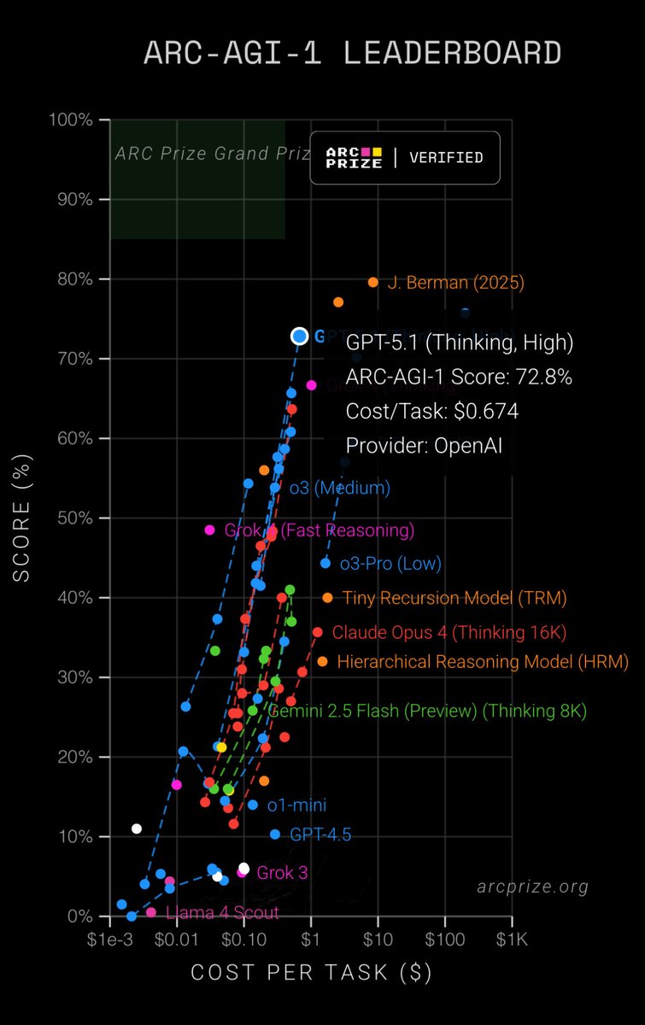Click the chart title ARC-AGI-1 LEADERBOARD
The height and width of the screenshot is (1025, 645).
pyautogui.click(x=352, y=53)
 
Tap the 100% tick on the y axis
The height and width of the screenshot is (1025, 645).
pyautogui.click(x=74, y=120)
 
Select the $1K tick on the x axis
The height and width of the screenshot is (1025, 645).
pyautogui.click(x=512, y=939)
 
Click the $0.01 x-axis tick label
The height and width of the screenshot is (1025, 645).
pyautogui.click(x=177, y=939)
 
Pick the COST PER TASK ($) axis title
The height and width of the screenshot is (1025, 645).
pyautogui.click(x=311, y=973)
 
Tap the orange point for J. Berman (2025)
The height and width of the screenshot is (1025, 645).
pyautogui.click(x=373, y=282)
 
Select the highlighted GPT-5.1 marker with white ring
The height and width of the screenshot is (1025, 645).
pyautogui.click(x=299, y=337)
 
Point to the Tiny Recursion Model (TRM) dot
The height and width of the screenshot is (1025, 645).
pyautogui.click(x=327, y=598)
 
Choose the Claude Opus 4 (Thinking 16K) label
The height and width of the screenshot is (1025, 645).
pyautogui.click(x=449, y=633)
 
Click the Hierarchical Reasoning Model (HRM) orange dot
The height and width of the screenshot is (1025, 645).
pyautogui.click(x=322, y=661)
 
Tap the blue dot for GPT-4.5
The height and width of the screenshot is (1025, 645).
pyautogui.click(x=275, y=835)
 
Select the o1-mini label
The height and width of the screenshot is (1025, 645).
pyautogui.click(x=296, y=805)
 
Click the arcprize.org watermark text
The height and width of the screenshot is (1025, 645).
pyautogui.click(x=533, y=887)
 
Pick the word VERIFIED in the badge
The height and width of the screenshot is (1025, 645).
pyautogui.click(x=446, y=158)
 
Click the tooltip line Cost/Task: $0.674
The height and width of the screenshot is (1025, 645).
pyautogui.click(x=432, y=411)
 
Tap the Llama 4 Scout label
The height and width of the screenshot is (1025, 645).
pyautogui.click(x=222, y=913)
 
